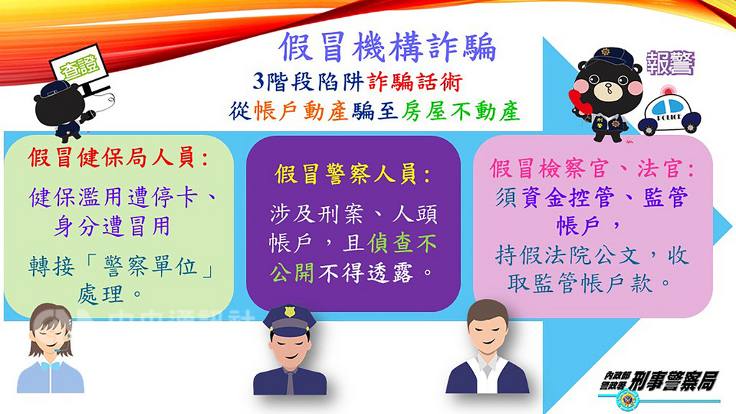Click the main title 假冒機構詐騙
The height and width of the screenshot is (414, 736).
tap(387, 48)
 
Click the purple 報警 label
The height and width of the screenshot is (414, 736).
tap(670, 63)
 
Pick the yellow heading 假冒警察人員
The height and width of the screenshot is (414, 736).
tap(352, 174)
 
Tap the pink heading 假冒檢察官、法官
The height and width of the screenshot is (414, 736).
tap(592, 169)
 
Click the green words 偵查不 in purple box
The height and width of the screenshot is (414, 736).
tap(402, 244)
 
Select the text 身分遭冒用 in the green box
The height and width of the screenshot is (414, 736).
tap(111, 226)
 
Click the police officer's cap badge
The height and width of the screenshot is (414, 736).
tap(290, 312)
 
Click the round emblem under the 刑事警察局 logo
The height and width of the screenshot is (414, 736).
tap(627, 400)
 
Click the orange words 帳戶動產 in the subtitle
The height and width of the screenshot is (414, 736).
tap(301, 111)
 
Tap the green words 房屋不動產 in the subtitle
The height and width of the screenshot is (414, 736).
tap(461, 111)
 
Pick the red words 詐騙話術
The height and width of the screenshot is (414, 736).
tap(415, 82)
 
